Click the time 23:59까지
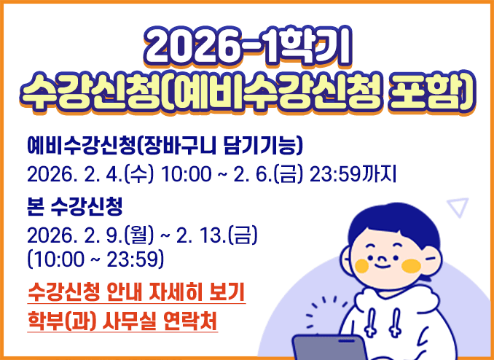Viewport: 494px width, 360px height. (x=353, y=175)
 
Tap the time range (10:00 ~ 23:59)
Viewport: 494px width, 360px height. (x=95, y=259)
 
